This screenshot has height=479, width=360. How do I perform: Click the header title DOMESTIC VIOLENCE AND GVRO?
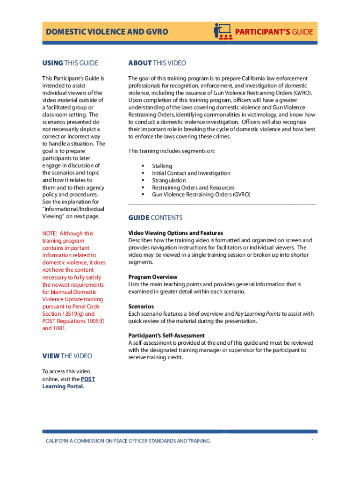pyautogui.click(x=107, y=32)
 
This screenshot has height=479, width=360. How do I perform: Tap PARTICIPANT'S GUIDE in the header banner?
pyautogui.click(x=274, y=32)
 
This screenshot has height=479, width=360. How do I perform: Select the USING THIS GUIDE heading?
pyautogui.click(x=70, y=63)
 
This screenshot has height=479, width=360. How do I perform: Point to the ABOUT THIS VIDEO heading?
pyautogui.click(x=157, y=63)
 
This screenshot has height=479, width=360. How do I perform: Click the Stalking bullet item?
pyautogui.click(x=162, y=166)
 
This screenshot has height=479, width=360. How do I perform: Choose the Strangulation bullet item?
pyautogui.click(x=169, y=180)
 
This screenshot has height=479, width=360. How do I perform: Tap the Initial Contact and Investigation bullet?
pyautogui.click(x=191, y=173)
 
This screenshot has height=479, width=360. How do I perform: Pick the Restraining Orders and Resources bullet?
pyautogui.click(x=193, y=188)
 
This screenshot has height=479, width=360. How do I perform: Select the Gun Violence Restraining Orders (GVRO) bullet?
pyautogui.click(x=201, y=195)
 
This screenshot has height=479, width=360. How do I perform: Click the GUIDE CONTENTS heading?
pyautogui.click(x=155, y=218)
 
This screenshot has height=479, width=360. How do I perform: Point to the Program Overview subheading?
pyautogui.click(x=153, y=277)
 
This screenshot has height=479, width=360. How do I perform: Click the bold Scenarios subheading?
pyautogui.click(x=141, y=306)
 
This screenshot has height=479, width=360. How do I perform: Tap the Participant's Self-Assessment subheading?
pyautogui.click(x=166, y=335)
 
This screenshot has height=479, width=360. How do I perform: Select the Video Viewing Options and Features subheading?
pyautogui.click(x=176, y=233)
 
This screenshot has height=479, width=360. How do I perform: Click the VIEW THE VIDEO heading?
pyautogui.click(x=67, y=356)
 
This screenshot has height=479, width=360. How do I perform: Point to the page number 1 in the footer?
pyautogui.click(x=312, y=441)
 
